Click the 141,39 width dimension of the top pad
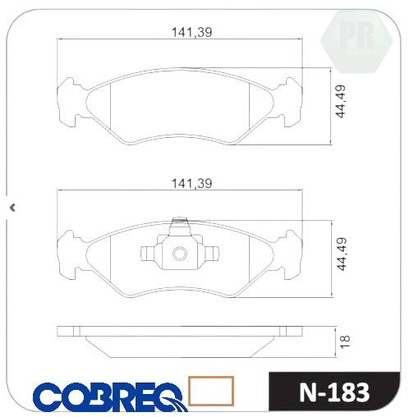(x=191, y=32)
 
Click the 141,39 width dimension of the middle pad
(x=191, y=183)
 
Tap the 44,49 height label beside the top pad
(x=341, y=102)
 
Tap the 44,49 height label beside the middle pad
(x=341, y=254)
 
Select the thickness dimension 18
(x=346, y=341)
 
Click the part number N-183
(x=334, y=392)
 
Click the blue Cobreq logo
(x=110, y=396)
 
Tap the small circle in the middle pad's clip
(x=180, y=254)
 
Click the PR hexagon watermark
(x=356, y=41)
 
